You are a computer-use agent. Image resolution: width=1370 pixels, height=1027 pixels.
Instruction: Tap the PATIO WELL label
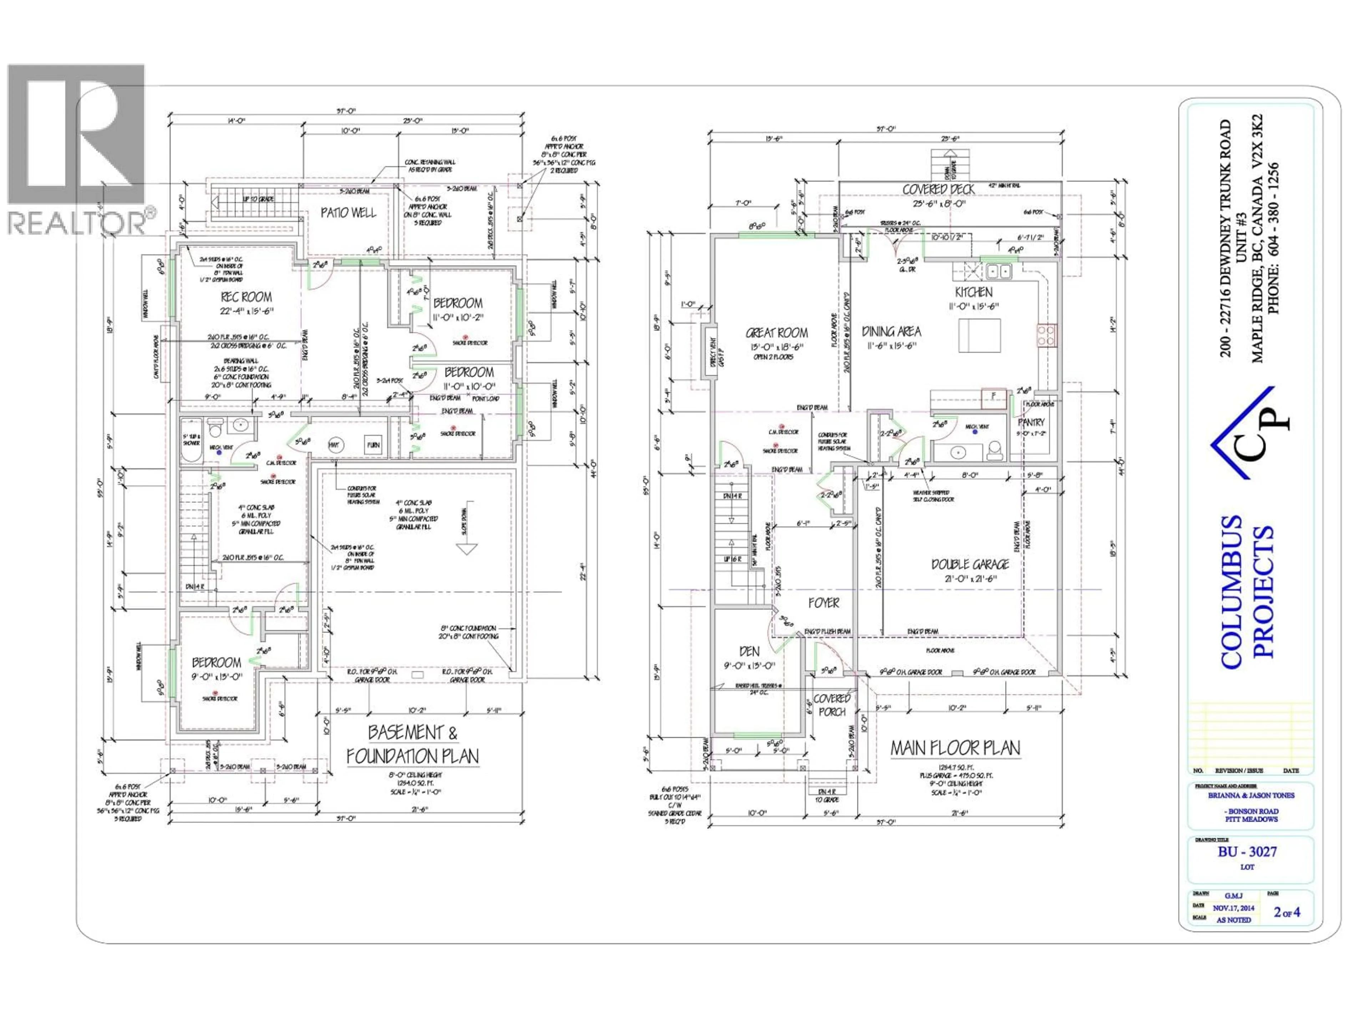[x=348, y=212]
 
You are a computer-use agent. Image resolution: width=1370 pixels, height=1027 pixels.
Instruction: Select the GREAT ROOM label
[x=777, y=332]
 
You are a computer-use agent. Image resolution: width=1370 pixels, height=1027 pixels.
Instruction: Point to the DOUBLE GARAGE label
[x=970, y=564]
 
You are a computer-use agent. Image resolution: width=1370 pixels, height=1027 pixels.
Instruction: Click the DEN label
[x=750, y=651]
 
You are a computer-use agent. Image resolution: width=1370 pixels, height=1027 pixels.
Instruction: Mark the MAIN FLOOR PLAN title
[x=955, y=748]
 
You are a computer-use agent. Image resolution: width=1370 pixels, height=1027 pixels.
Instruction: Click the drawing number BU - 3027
[x=1247, y=851]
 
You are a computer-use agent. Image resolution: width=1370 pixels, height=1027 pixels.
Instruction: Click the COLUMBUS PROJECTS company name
[x=1247, y=591]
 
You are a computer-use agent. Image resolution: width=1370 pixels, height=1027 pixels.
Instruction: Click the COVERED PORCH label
[x=832, y=705]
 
